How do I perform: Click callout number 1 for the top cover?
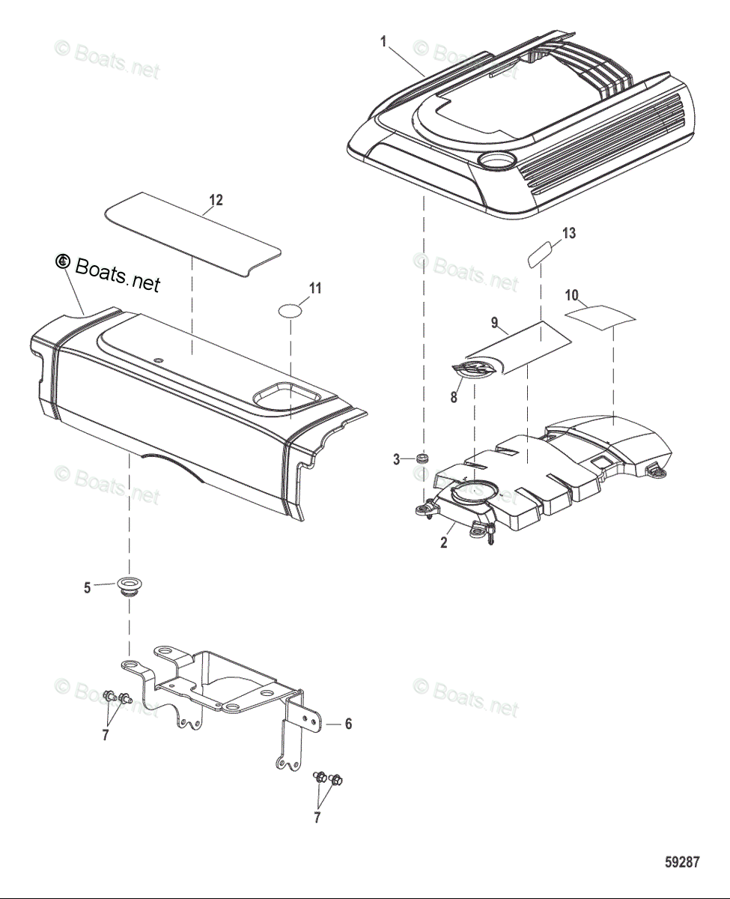pyautogui.click(x=383, y=42)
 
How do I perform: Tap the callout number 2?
pyautogui.click(x=444, y=543)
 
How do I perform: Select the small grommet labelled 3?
pyautogui.click(x=423, y=458)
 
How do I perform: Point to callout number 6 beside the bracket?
pyautogui.click(x=347, y=724)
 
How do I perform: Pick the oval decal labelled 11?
pyautogui.click(x=291, y=309)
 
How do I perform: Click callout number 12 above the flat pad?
pyautogui.click(x=216, y=200)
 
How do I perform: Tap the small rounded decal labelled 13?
pyautogui.click(x=541, y=254)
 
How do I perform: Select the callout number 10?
pyautogui.click(x=572, y=296)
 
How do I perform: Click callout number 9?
pyautogui.click(x=494, y=323)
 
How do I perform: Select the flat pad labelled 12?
pyautogui.click(x=192, y=233)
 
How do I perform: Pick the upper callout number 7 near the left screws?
pyautogui.click(x=105, y=735)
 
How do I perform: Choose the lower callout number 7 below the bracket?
pyautogui.click(x=317, y=817)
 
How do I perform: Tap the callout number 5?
pyautogui.click(x=87, y=588)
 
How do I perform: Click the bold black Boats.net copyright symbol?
pyautogui.click(x=62, y=261)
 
